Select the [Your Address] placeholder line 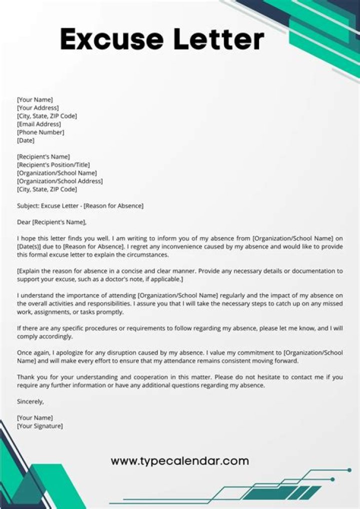tap(38, 108)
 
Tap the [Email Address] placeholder tap(39, 124)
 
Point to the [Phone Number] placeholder tap(40, 132)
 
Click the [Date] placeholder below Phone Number tap(25, 140)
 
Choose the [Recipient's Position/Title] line tap(53, 165)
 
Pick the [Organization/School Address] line tap(60, 181)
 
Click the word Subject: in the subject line tap(28, 205)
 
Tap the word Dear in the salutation tap(24, 222)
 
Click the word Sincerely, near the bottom tap(30, 401)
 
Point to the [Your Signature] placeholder tap(40, 426)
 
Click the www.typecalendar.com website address tap(179, 460)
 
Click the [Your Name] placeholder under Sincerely tap(35, 417)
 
